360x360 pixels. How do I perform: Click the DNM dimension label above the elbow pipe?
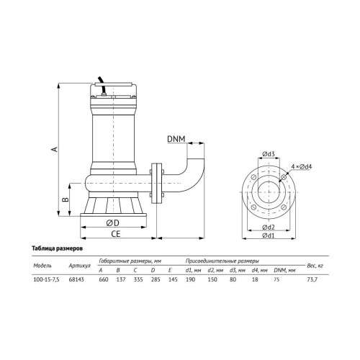point(176,139)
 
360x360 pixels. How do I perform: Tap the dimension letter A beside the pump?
point(55,149)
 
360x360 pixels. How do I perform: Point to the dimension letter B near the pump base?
point(66,199)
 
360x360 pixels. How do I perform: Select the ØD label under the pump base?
point(112,223)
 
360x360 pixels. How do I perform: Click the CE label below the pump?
point(115,234)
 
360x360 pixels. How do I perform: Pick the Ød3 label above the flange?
point(269,154)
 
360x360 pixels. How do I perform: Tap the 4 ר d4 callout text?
point(302,166)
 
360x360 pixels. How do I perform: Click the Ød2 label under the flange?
point(269,227)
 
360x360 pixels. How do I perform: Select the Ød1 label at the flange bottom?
point(269,235)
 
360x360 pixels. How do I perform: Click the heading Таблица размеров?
point(58,248)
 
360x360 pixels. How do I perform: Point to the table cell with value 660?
point(104,279)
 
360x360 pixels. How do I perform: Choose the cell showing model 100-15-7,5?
point(46,279)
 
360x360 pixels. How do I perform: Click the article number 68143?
point(76,279)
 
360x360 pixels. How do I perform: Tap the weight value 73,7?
point(312,279)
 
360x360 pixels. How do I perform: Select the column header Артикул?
point(79,266)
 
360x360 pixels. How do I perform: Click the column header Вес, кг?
point(315,266)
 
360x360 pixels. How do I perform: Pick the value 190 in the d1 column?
point(190,279)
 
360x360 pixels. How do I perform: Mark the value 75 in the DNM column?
point(276,279)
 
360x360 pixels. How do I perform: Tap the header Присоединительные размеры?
point(222,261)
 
